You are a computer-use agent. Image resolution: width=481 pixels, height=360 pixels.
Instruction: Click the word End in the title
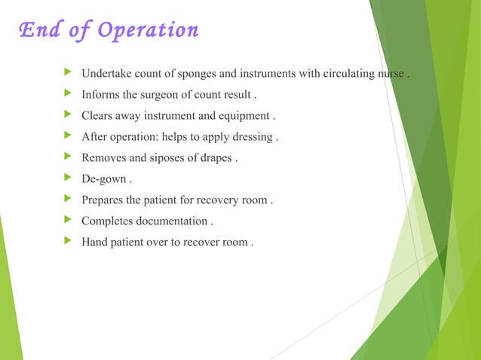36,30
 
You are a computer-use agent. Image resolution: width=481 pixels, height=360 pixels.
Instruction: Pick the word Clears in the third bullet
99,117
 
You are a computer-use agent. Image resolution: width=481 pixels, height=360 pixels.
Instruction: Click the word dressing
252,138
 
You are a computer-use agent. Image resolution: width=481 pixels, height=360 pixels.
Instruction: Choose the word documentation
170,221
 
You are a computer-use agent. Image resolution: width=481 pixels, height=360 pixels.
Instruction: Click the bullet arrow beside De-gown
70,179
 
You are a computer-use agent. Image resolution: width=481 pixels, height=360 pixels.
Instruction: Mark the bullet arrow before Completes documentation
70,221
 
